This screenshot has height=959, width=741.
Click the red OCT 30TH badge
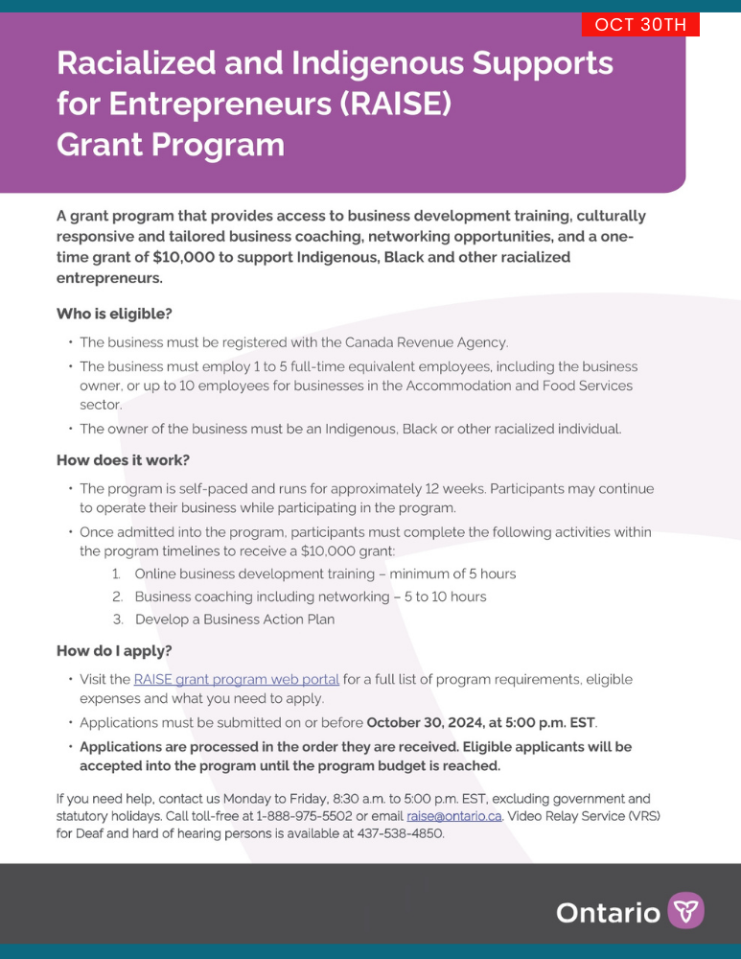point(640,25)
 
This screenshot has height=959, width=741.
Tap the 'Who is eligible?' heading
point(114,314)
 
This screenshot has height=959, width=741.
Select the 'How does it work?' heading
point(123,460)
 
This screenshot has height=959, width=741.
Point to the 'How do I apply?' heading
point(114,651)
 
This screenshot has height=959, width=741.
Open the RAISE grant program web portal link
point(236,680)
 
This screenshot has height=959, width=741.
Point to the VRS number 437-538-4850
point(403,833)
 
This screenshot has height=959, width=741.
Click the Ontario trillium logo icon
point(685,910)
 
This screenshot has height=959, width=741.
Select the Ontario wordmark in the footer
point(608,912)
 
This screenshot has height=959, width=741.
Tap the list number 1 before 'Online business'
point(115,574)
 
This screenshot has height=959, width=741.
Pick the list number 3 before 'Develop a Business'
point(116,620)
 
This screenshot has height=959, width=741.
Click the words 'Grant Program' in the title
point(171,145)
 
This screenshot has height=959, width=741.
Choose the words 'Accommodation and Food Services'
point(519,386)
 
